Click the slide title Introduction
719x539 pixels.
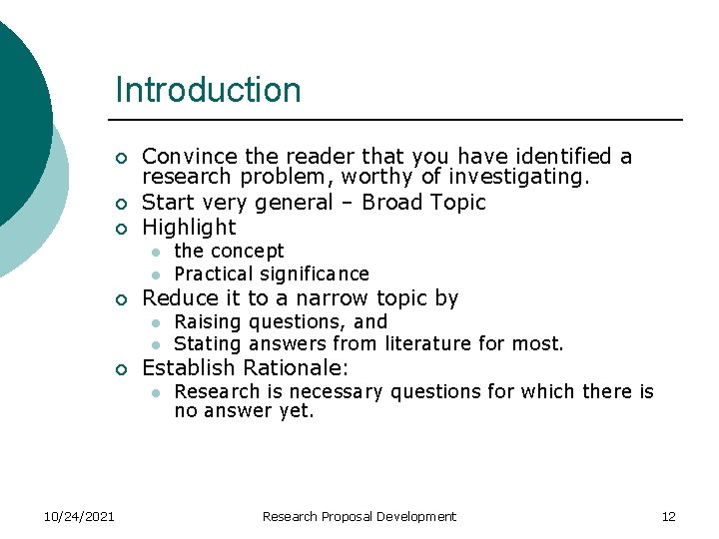[x=208, y=90]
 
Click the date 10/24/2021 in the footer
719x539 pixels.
[x=79, y=516]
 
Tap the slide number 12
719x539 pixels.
[x=668, y=516]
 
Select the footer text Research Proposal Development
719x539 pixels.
[x=359, y=516]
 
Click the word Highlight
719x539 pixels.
[x=189, y=227]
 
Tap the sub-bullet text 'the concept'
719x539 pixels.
[x=229, y=251]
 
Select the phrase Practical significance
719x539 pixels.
[x=272, y=273]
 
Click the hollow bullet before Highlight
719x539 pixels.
[x=120, y=229]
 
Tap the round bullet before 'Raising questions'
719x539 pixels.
[x=156, y=322]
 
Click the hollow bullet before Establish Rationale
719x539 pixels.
[x=120, y=369]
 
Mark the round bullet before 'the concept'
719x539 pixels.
[x=156, y=252]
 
